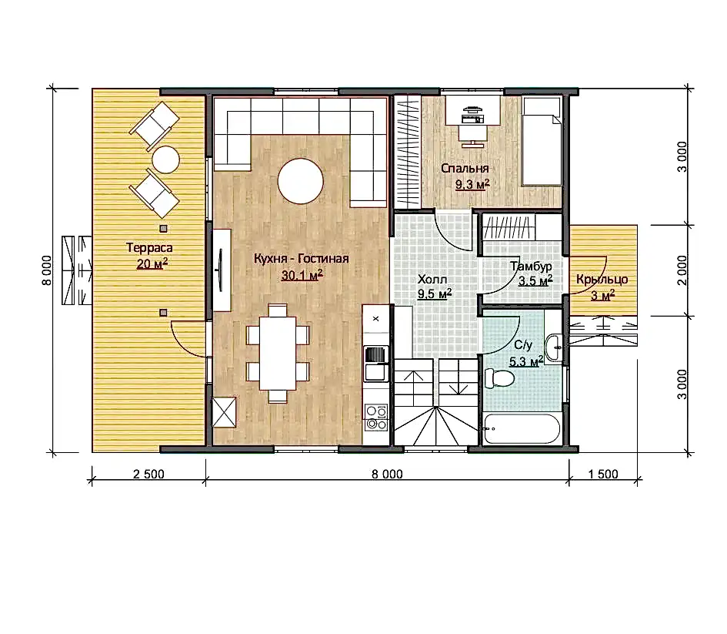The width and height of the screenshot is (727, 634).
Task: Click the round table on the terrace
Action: (165, 159)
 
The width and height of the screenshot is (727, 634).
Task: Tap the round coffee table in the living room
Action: (301, 181)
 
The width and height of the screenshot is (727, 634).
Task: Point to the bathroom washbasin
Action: (554, 347)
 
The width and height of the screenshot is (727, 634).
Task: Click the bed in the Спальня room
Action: (542, 142)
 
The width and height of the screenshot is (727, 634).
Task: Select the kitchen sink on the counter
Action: (376, 364)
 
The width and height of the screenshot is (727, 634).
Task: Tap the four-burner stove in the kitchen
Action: (376, 418)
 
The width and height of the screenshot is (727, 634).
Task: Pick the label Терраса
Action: (149, 248)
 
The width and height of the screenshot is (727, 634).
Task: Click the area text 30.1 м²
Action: (302, 275)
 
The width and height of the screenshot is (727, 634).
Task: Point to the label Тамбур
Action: (531, 267)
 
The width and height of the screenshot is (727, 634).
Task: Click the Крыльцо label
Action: (602, 280)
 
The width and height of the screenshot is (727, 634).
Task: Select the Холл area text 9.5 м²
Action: (435, 294)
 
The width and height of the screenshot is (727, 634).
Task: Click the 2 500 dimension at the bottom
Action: (148, 475)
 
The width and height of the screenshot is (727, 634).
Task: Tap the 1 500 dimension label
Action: (602, 475)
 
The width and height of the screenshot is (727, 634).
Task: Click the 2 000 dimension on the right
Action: (682, 270)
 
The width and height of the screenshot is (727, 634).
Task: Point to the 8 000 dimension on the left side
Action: (47, 270)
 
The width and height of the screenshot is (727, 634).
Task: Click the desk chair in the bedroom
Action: (473, 136)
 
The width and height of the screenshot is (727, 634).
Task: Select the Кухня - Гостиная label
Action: (302, 259)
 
